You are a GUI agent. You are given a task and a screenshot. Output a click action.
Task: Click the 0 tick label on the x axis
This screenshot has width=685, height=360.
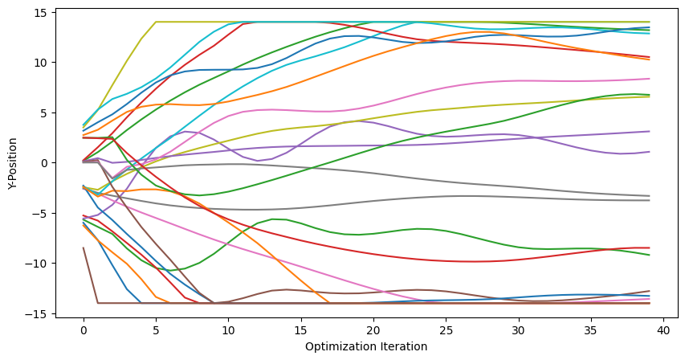84,329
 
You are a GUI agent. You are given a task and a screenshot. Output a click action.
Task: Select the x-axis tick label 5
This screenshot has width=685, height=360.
156,329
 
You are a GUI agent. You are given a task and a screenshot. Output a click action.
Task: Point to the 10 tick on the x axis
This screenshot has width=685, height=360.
228,329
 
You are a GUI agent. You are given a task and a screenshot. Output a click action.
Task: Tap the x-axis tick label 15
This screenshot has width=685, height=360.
301,329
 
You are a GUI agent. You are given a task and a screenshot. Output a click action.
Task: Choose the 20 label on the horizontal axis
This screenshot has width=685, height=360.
373,329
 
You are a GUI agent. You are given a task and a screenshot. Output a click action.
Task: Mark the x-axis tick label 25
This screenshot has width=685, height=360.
446,329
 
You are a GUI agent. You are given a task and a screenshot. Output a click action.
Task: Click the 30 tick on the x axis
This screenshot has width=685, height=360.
518,329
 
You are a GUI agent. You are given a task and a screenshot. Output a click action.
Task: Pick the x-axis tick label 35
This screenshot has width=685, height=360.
591,329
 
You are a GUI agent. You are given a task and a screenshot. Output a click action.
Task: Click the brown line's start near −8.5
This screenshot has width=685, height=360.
84,248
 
